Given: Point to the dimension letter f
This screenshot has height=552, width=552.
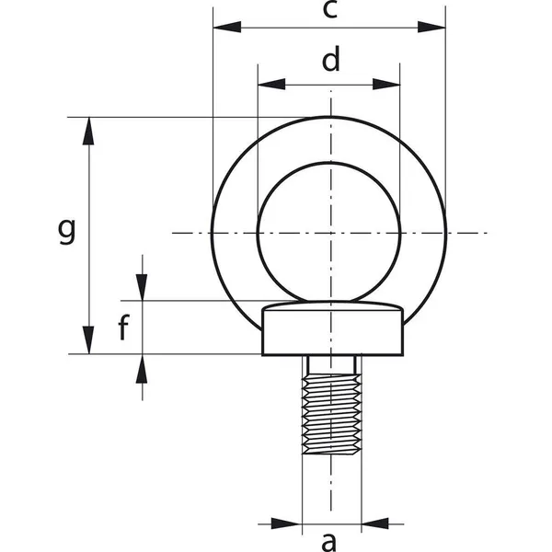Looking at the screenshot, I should (121, 327).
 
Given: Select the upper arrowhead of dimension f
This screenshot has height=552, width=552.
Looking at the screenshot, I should (144, 287).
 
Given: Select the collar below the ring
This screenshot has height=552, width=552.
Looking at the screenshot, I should (332, 331).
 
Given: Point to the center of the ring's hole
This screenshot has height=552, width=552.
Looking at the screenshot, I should (328, 232).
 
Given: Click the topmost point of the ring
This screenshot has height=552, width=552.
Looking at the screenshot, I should (328, 117).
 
